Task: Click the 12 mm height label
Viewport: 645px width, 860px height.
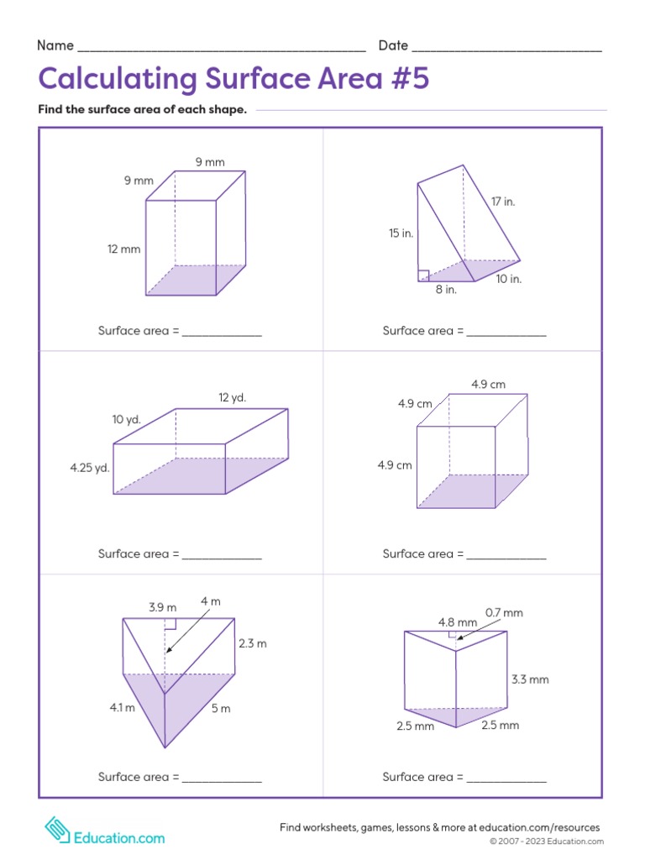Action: [123, 249]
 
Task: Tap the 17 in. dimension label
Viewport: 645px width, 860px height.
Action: [503, 202]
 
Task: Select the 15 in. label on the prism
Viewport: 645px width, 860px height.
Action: [401, 233]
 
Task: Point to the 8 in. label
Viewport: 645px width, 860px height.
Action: [445, 290]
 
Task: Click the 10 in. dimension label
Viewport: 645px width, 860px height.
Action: [508, 279]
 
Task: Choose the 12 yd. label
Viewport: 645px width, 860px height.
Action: [233, 397]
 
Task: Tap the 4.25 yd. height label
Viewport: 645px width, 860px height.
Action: [90, 468]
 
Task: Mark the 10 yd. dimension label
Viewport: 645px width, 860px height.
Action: [126, 419]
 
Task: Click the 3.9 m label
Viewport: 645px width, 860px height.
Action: [162, 607]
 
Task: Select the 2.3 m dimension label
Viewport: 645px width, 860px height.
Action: [252, 643]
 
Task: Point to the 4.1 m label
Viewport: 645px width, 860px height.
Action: [122, 708]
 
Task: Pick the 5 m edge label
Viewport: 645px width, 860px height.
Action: [220, 709]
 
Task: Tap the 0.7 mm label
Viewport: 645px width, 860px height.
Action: [504, 613]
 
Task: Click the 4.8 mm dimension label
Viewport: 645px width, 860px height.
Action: [458, 622]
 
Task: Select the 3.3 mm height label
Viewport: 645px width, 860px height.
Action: [530, 679]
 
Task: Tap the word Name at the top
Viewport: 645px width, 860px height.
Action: [55, 45]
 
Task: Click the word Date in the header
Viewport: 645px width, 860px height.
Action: [393, 45]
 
